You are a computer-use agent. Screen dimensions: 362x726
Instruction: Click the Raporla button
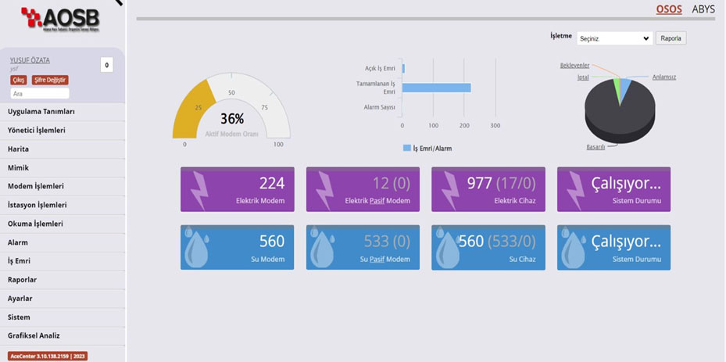tap(671, 38)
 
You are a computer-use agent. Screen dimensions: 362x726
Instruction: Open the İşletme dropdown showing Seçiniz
tap(614, 38)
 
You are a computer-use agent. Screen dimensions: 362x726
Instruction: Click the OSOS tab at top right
tap(669, 9)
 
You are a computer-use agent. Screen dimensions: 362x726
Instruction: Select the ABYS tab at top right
tap(703, 9)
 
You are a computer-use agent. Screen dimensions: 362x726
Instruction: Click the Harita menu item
tap(19, 149)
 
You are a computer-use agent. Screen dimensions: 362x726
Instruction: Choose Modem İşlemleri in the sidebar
tap(36, 186)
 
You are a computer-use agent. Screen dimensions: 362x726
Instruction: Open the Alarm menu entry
tap(18, 242)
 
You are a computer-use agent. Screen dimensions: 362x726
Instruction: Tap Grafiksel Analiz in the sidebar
tap(34, 335)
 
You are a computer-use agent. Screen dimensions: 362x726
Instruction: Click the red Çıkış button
tap(18, 80)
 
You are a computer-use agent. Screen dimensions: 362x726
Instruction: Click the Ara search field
tap(39, 93)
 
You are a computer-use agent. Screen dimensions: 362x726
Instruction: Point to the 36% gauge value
tap(232, 119)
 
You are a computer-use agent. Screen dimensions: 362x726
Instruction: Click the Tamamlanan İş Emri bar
tap(436, 88)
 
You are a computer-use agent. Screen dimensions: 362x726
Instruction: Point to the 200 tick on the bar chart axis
tap(464, 125)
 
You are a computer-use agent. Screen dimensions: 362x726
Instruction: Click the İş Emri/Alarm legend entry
tap(427, 148)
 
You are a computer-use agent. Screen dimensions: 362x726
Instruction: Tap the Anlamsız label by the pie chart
tap(664, 77)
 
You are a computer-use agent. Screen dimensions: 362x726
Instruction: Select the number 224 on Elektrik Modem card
tap(272, 183)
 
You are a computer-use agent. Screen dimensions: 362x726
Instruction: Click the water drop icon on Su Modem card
tap(195, 248)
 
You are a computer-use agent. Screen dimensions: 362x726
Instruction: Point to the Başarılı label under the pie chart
tap(595, 146)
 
